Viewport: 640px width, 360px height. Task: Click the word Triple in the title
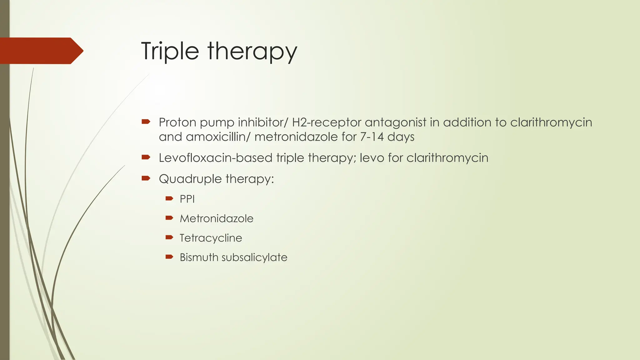click(170, 51)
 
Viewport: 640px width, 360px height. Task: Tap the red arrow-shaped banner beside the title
click(41, 51)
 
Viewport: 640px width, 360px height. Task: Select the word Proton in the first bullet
click(177, 122)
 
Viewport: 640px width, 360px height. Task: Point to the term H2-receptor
click(327, 122)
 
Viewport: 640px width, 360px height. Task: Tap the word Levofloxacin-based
click(216, 158)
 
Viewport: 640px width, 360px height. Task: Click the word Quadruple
click(190, 179)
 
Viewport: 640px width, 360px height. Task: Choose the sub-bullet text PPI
click(187, 199)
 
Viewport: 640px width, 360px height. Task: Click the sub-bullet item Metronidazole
click(217, 218)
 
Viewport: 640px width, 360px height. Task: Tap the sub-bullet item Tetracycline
click(211, 238)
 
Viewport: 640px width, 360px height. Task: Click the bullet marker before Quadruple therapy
click(146, 178)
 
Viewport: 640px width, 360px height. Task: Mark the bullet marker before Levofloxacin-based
click(146, 157)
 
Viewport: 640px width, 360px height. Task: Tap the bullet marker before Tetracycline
click(169, 237)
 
